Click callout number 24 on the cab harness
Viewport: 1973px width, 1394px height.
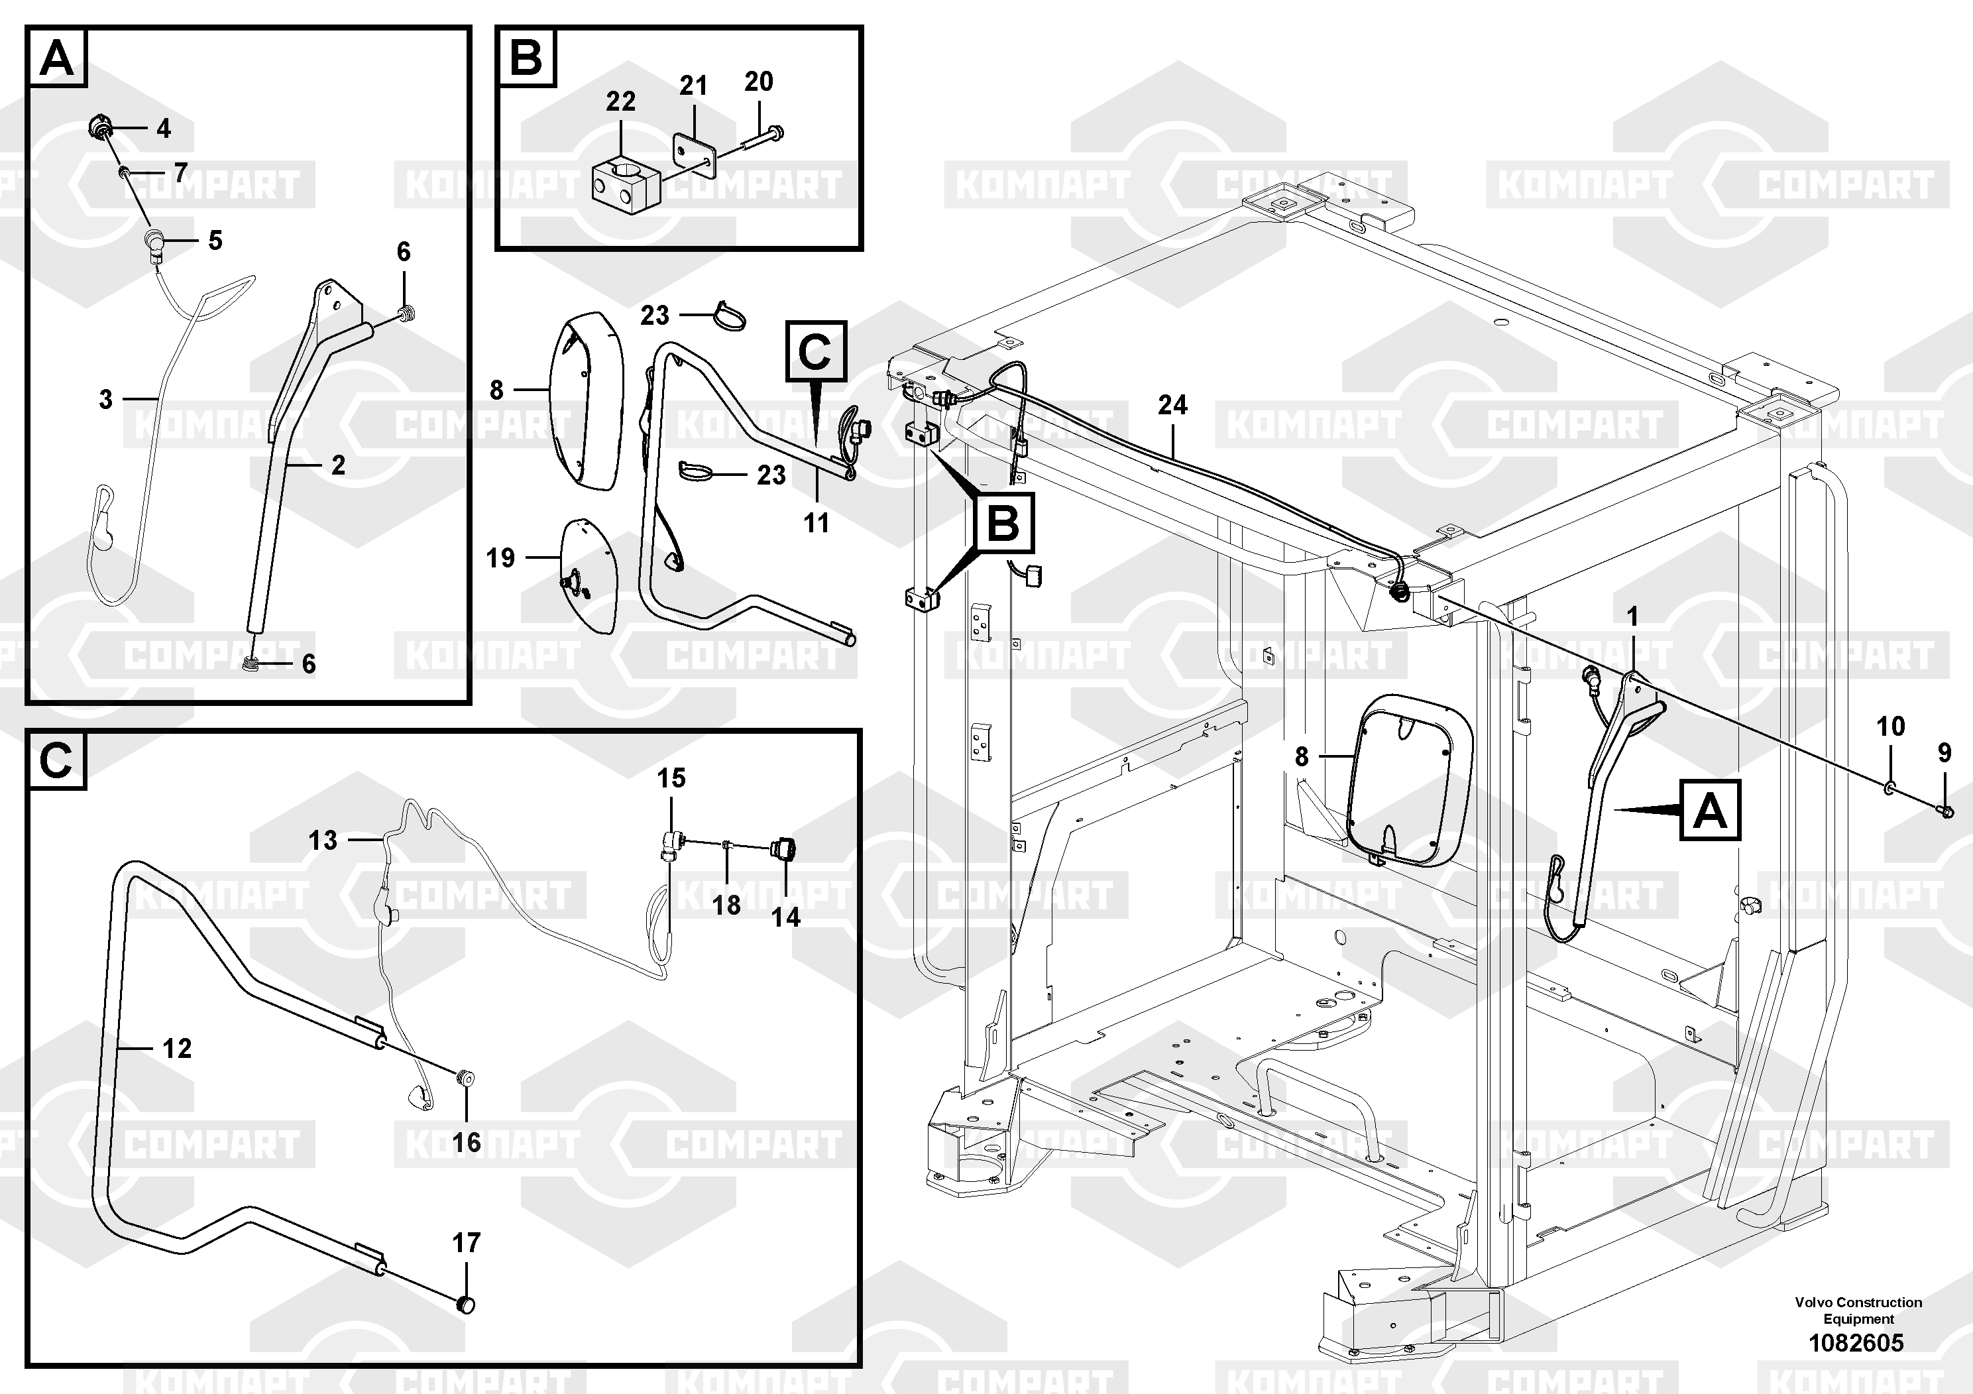pos(1172,405)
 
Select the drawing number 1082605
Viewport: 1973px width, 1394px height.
pos(1856,1342)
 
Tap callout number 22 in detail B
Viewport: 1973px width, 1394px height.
pos(620,101)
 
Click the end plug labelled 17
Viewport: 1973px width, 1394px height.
pos(465,1305)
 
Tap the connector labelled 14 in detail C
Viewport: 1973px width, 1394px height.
pos(784,849)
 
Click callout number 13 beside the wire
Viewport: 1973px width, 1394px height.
pos(323,840)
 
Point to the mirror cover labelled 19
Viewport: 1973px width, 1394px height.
pos(588,575)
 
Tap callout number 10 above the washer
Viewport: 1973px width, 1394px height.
pos(1891,726)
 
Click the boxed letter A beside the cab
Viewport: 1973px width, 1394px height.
pos(1710,811)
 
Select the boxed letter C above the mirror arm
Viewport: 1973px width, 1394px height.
pos(815,351)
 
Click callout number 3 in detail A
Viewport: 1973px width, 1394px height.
pos(105,399)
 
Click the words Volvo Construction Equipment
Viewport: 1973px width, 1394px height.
pos(1858,1310)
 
